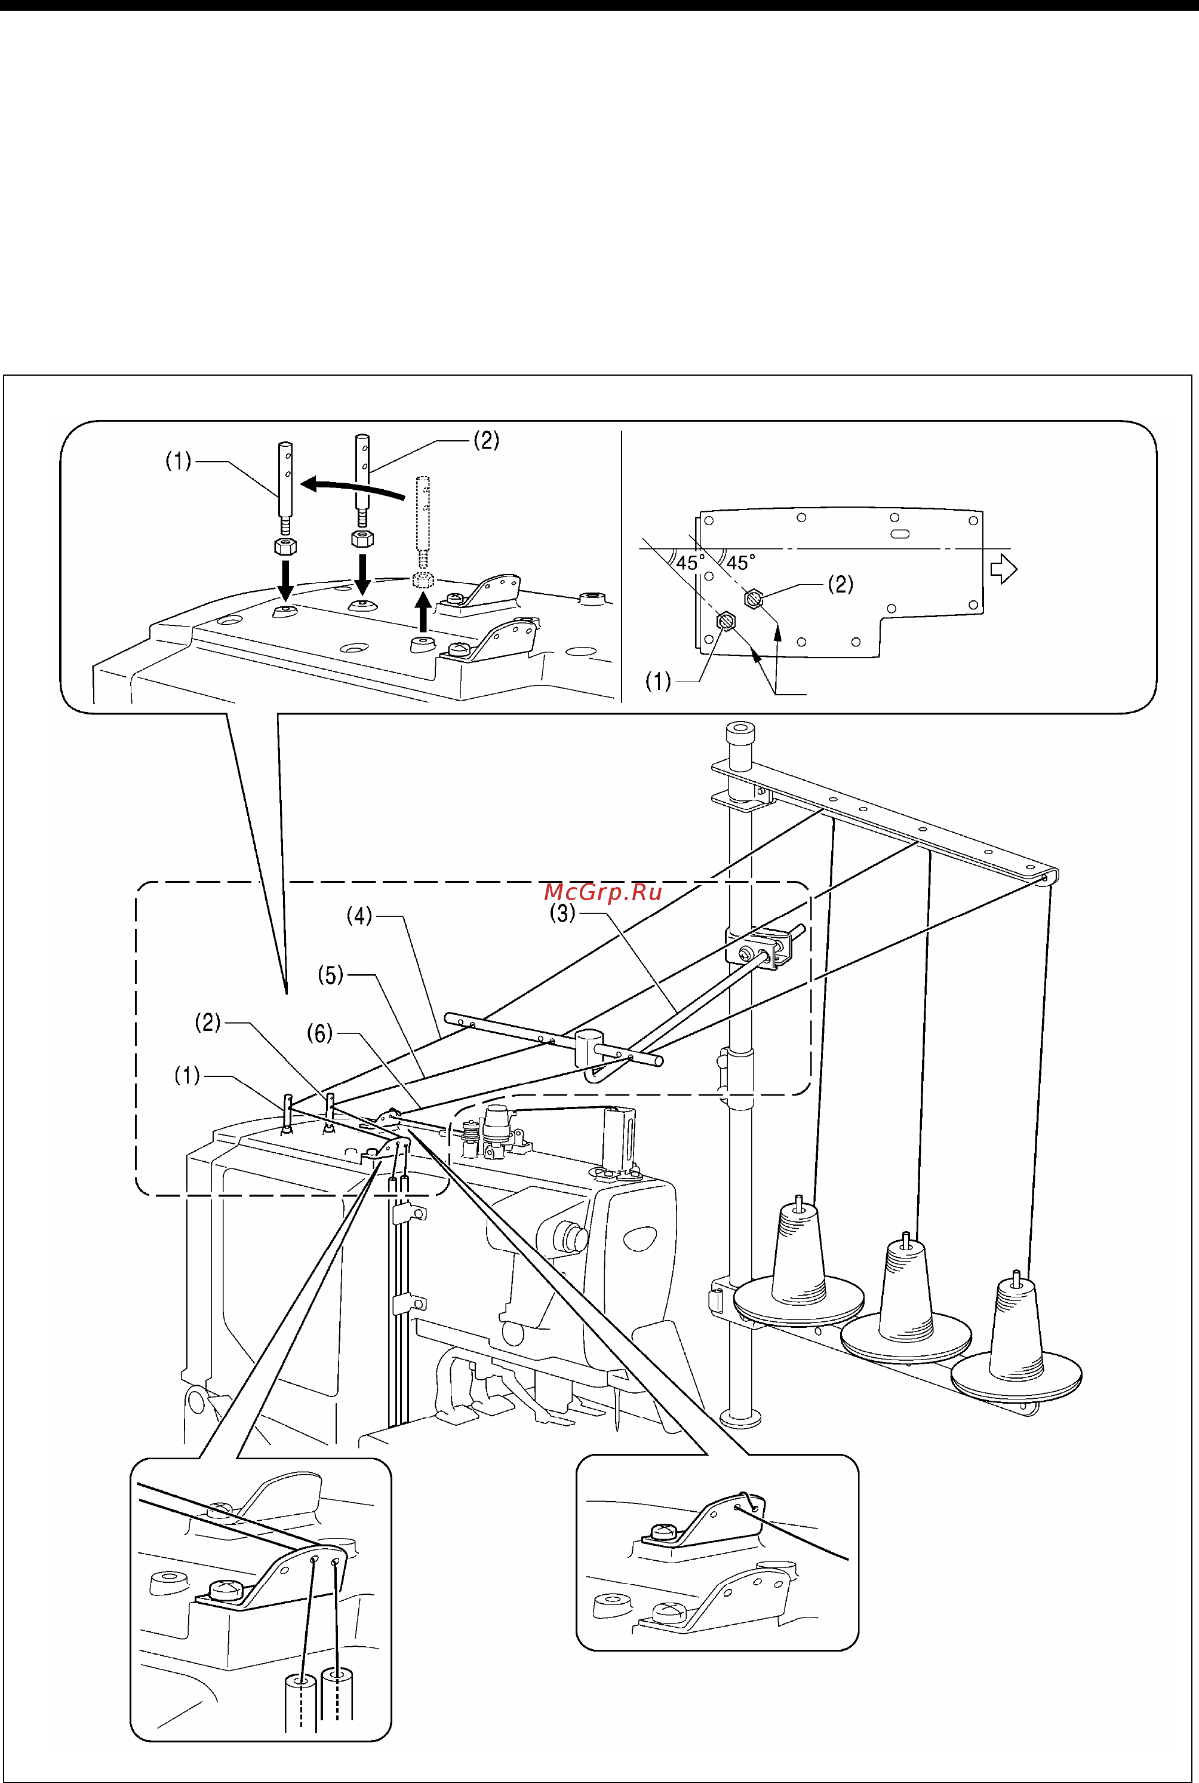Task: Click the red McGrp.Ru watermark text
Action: [602, 892]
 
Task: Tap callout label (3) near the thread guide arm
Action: [563, 913]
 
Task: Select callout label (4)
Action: [359, 915]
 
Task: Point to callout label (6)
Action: [319, 1033]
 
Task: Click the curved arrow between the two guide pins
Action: [352, 486]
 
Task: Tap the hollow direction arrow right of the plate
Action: [1003, 569]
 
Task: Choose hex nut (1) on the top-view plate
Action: [725, 621]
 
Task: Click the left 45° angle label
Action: [690, 563]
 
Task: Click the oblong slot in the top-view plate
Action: [900, 533]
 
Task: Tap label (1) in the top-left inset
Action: [178, 461]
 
